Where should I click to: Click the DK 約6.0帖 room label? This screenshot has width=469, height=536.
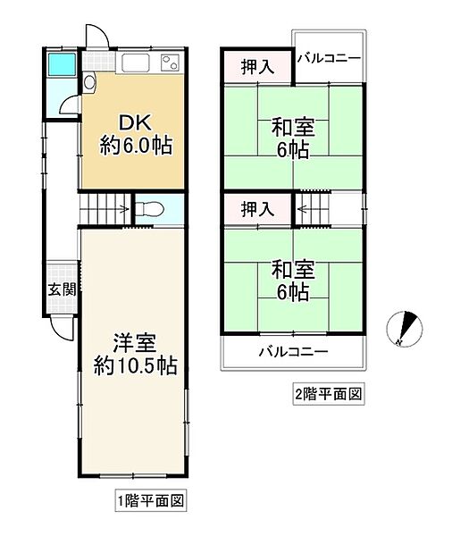[x=135, y=135]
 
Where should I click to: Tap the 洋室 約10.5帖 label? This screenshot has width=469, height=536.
[x=136, y=354]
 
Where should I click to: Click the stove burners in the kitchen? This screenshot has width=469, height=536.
[x=169, y=63]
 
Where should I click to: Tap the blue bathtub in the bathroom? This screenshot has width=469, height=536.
[x=61, y=64]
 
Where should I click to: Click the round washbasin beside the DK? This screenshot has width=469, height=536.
[x=89, y=83]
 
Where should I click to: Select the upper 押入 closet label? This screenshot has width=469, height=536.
[x=256, y=67]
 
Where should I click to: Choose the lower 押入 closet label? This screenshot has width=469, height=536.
[x=256, y=210]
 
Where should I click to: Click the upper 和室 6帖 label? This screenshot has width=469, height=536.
[x=292, y=139]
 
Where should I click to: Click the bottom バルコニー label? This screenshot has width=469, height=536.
[x=293, y=351]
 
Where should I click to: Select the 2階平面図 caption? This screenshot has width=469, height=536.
[x=327, y=393]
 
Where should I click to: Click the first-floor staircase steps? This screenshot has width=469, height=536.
[x=105, y=210]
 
